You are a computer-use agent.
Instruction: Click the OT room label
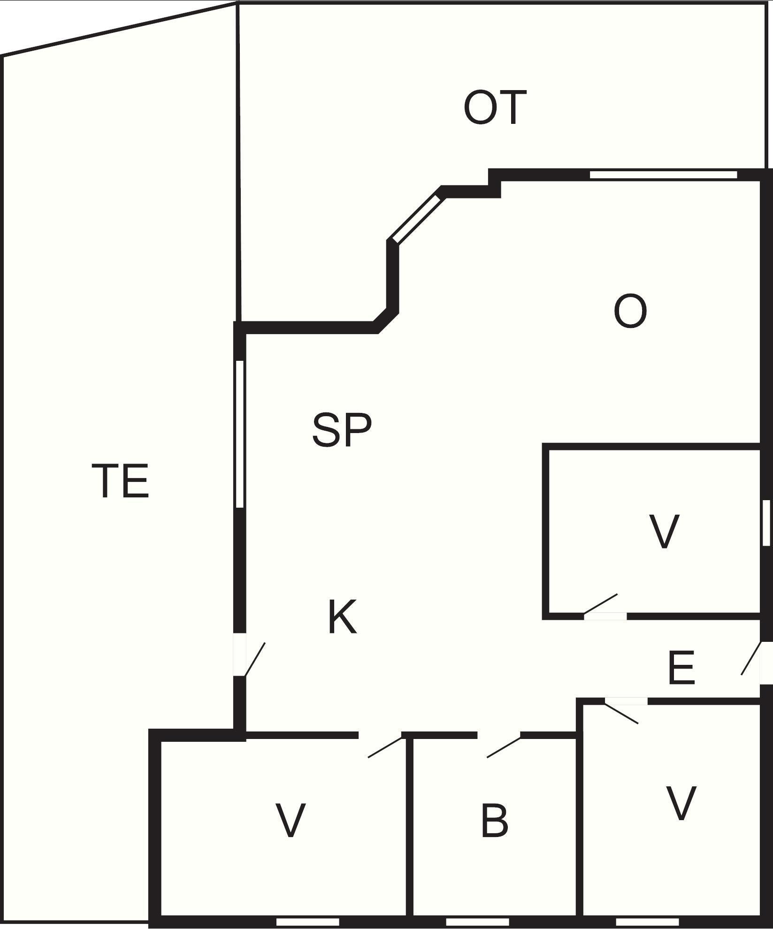[x=495, y=108]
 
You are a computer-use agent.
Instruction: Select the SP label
[x=342, y=429]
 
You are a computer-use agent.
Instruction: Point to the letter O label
[x=630, y=311]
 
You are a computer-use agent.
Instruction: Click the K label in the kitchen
[x=342, y=617]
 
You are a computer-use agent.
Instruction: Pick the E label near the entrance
[x=681, y=667]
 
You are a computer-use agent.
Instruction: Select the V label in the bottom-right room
[x=681, y=804]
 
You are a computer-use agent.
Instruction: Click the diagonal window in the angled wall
[x=417, y=219]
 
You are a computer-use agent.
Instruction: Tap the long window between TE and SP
[x=240, y=434]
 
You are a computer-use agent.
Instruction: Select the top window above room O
[x=663, y=175]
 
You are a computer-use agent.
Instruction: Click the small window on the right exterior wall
[x=766, y=523]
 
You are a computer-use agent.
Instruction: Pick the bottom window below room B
[x=477, y=922]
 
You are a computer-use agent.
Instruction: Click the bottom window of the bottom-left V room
[x=307, y=922]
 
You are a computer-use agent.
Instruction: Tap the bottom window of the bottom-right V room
[x=647, y=922]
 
